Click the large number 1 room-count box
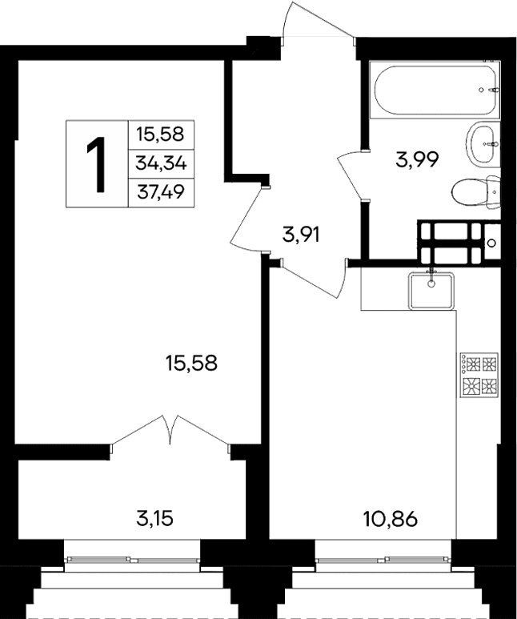tap(97, 164)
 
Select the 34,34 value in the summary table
tap(161, 163)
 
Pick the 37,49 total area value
tap(161, 192)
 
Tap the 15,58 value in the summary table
tap(161, 135)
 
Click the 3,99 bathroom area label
tap(417, 159)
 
